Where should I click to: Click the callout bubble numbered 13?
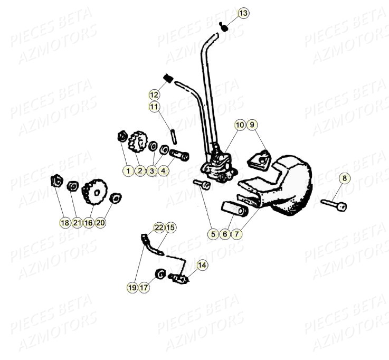click(242, 13)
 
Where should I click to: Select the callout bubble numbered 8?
click(344, 178)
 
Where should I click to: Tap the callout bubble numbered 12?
click(154, 95)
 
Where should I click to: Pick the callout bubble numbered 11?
click(154, 107)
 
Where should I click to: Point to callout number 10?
click(240, 125)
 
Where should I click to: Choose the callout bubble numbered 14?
click(202, 265)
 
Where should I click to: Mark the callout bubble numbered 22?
click(159, 228)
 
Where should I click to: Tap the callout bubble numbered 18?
click(64, 223)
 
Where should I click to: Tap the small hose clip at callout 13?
click(223, 27)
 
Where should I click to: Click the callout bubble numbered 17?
click(144, 287)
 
